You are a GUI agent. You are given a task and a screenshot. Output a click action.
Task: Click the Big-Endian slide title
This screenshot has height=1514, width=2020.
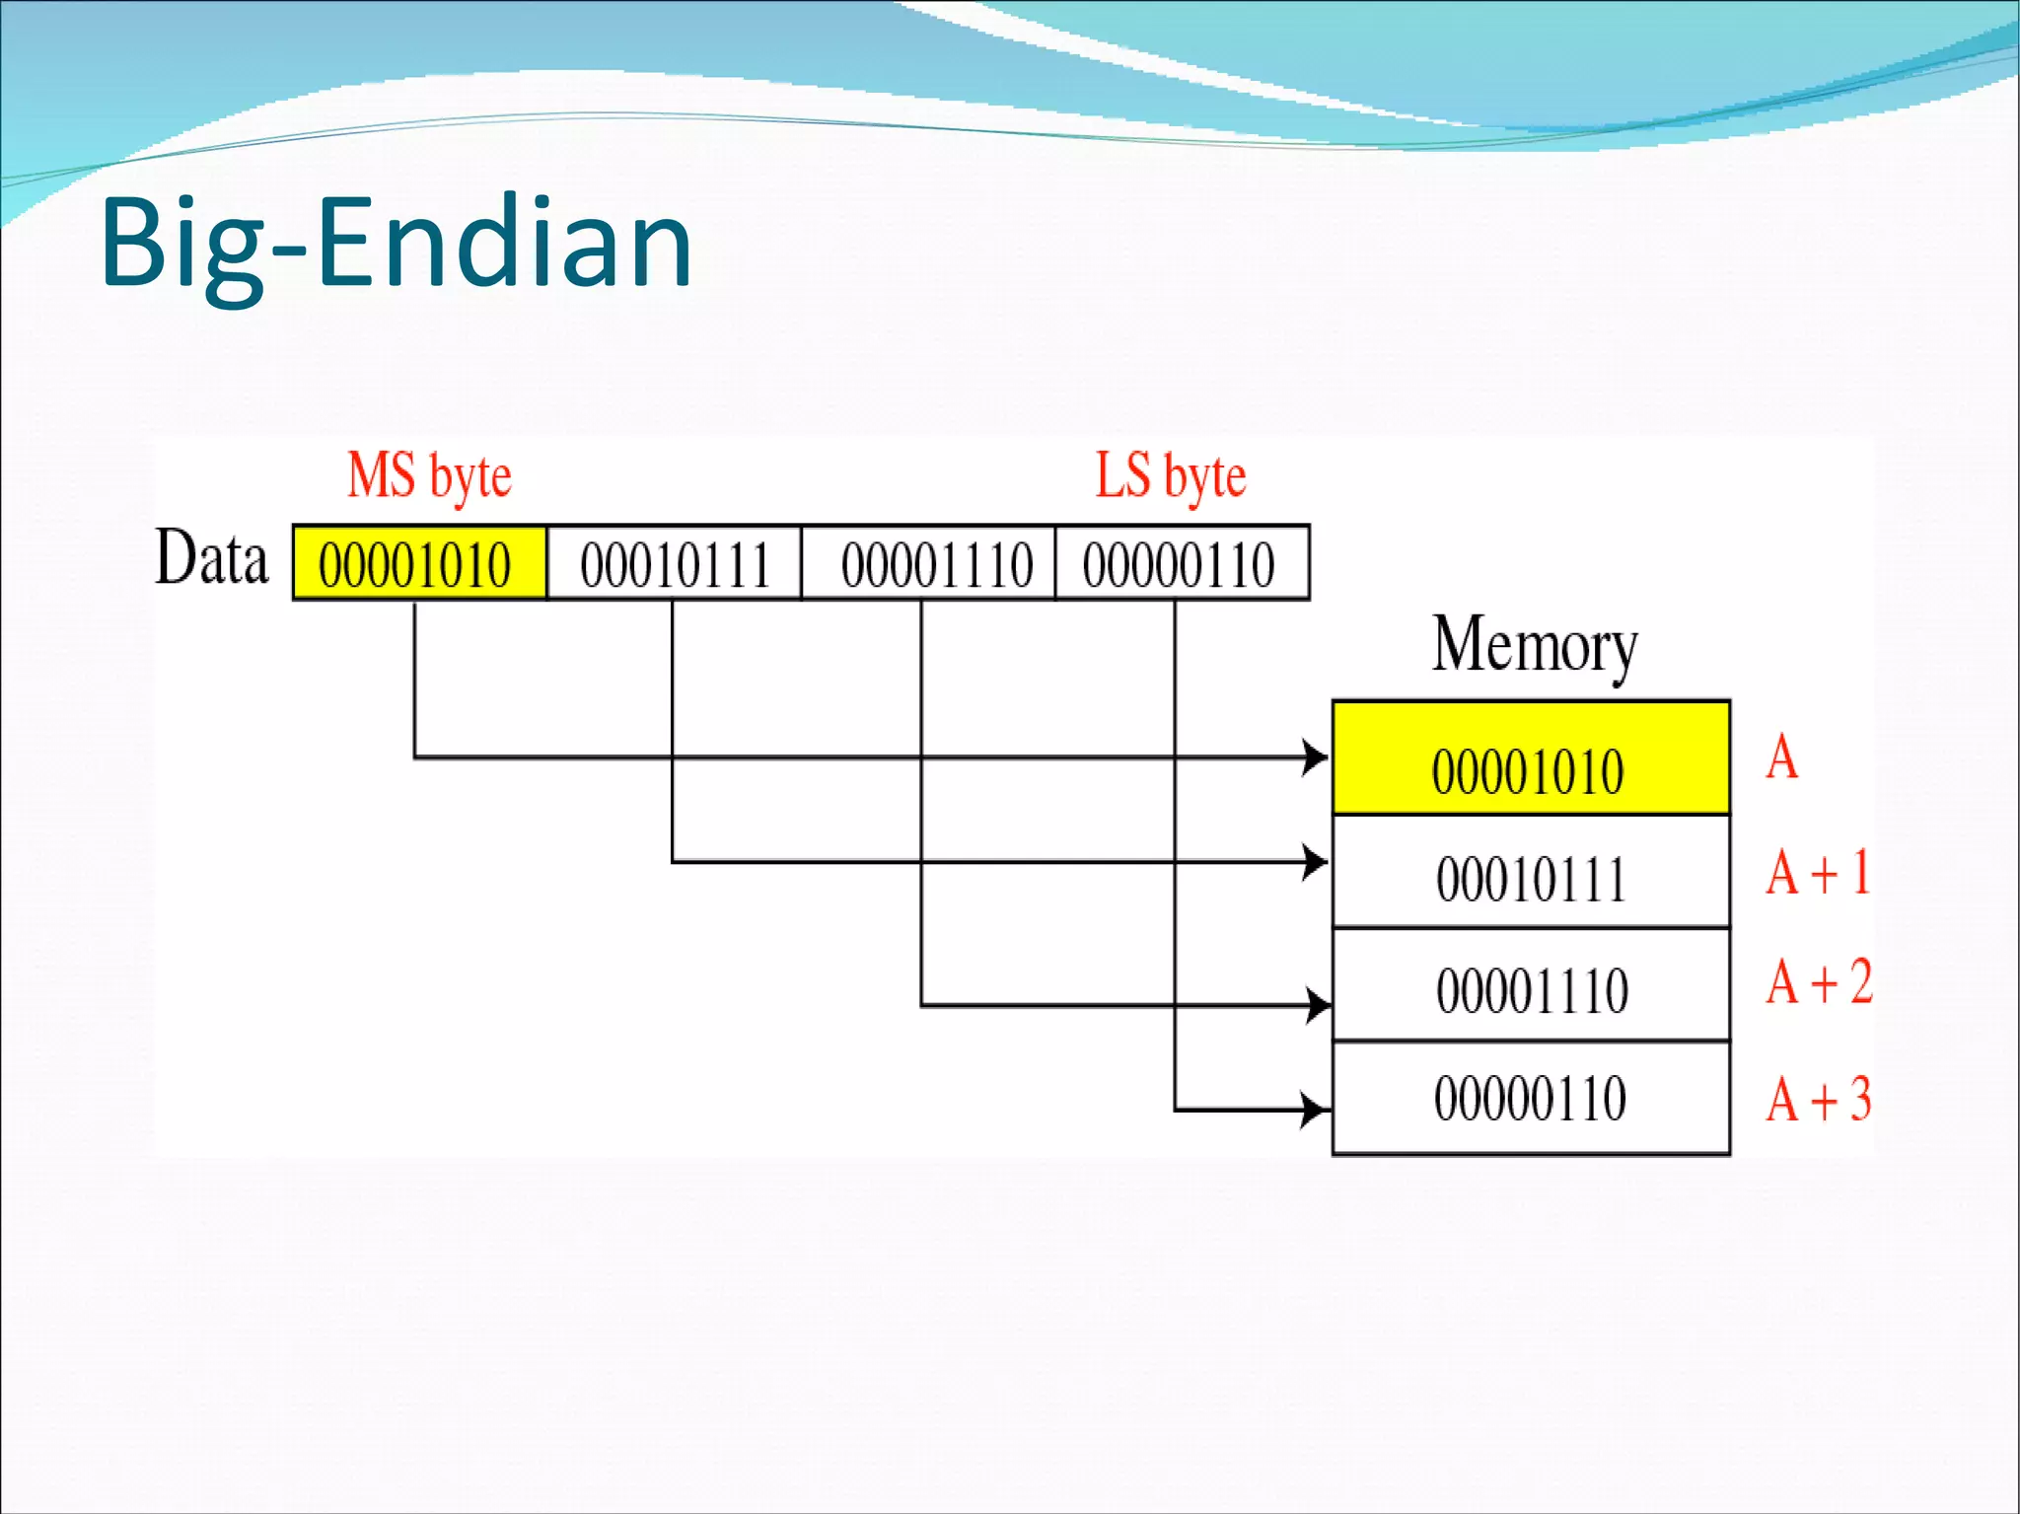tap(396, 243)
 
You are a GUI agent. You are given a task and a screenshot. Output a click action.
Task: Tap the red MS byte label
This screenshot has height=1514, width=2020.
tap(429, 475)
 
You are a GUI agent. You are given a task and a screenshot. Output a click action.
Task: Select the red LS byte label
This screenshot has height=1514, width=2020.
tap(1171, 475)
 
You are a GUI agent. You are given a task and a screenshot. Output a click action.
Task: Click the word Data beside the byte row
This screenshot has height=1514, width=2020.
tap(212, 558)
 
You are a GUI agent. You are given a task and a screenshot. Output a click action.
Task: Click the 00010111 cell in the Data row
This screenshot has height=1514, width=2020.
tap(675, 564)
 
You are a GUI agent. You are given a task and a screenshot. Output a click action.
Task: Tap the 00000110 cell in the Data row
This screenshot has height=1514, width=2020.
tap(1180, 564)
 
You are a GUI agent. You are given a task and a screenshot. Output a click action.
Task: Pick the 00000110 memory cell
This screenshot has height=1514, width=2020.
tap(1530, 1098)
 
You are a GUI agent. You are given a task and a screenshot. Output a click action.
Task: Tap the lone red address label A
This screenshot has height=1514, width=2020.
tap(1781, 758)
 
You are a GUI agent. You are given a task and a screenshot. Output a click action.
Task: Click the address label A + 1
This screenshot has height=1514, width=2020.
tap(1818, 873)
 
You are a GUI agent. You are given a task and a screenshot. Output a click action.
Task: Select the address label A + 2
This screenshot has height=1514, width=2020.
tap(1818, 982)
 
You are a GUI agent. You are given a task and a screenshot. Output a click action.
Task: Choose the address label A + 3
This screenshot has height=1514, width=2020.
tap(1818, 1099)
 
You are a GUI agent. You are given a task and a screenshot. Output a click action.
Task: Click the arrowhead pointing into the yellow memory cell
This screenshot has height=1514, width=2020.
tap(1316, 757)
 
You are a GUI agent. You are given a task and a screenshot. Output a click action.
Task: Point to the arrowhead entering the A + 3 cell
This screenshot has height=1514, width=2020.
tap(1316, 1110)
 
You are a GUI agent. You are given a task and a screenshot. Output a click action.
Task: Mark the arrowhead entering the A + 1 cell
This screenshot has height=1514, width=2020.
tap(1316, 862)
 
